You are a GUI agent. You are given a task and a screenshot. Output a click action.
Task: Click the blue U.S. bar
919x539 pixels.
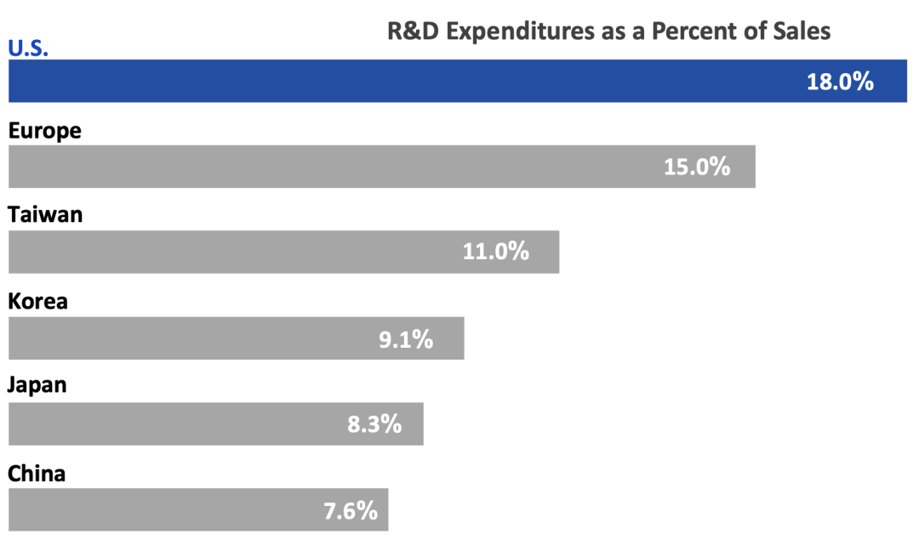pyautogui.click(x=458, y=81)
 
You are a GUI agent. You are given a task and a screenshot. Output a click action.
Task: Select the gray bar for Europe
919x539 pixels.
pyautogui.click(x=381, y=167)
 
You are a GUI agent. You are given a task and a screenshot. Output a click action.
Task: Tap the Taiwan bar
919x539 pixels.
pyautogui.click(x=283, y=252)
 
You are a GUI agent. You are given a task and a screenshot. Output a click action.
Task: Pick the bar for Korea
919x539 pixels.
pyautogui.click(x=237, y=338)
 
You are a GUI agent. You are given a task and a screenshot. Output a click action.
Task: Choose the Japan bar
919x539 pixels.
pyautogui.click(x=215, y=423)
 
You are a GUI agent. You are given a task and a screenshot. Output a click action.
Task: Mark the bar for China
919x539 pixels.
pyautogui.click(x=198, y=510)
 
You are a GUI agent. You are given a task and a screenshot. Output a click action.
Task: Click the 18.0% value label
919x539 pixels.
pyautogui.click(x=840, y=82)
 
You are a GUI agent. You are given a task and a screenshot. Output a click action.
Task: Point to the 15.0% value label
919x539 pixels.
pyautogui.click(x=697, y=167)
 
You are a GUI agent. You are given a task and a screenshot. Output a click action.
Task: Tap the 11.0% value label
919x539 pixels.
pyautogui.click(x=496, y=252)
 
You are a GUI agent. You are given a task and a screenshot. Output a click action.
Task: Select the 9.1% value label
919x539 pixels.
pyautogui.click(x=406, y=339)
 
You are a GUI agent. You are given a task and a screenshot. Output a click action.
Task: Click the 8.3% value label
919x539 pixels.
pyautogui.click(x=374, y=424)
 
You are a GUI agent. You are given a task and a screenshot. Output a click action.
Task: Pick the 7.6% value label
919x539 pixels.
pyautogui.click(x=351, y=511)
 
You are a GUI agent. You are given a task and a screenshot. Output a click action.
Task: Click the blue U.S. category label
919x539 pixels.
pyautogui.click(x=28, y=48)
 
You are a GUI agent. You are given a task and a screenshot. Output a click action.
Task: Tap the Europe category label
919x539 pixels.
pyautogui.click(x=44, y=131)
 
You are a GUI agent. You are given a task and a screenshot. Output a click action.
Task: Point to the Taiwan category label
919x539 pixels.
pyautogui.click(x=45, y=215)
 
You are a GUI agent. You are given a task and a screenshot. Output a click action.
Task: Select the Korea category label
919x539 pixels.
pyautogui.click(x=37, y=301)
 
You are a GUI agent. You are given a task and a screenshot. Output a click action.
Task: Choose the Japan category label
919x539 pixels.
pyautogui.click(x=37, y=385)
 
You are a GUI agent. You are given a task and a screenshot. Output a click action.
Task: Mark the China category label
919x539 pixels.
pyautogui.click(x=37, y=474)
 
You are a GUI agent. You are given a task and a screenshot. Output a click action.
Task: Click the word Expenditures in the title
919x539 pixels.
pyautogui.click(x=521, y=31)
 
